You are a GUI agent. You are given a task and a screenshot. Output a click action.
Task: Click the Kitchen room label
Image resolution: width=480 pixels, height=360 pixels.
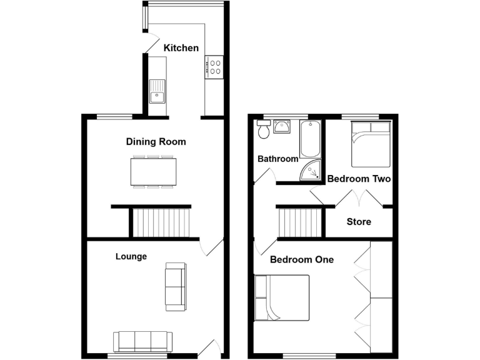click(181, 48)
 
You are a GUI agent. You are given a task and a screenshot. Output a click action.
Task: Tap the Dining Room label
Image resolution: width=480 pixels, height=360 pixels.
click(156, 142)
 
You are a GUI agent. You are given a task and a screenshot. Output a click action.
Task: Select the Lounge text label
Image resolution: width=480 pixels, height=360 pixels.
click(131, 256)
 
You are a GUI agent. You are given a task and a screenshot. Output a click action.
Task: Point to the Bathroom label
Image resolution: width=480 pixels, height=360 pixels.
click(278, 159)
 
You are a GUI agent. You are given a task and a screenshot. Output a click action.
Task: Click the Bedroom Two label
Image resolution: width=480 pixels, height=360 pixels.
click(359, 179)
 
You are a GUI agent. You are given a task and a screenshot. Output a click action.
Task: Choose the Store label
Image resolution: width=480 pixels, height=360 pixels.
click(359, 222)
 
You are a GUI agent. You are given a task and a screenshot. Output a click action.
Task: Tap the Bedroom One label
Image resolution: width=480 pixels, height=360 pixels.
click(301, 259)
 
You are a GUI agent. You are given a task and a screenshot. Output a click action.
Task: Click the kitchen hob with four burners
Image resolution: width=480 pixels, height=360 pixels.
click(215, 67)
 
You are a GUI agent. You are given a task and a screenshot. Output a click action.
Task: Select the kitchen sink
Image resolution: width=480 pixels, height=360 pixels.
click(157, 92)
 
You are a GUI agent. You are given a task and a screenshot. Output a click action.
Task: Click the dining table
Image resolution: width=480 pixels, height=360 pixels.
click(153, 171)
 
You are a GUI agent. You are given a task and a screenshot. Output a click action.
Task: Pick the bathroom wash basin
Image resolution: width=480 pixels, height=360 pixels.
click(282, 127)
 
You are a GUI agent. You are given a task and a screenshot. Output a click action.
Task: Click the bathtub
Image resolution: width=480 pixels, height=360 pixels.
click(310, 139)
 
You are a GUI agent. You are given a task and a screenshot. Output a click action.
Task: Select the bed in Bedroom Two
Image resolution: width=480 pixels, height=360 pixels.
click(371, 144)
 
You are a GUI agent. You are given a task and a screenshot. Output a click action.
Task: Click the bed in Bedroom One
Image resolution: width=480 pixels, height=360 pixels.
click(282, 297)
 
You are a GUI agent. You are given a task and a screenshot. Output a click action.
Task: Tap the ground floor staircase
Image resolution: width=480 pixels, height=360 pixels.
click(161, 223)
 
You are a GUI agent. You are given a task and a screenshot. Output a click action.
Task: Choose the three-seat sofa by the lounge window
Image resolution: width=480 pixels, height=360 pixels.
click(142, 341)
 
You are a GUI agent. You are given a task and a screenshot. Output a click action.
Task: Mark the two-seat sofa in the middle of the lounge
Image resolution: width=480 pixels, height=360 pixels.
click(176, 287)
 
